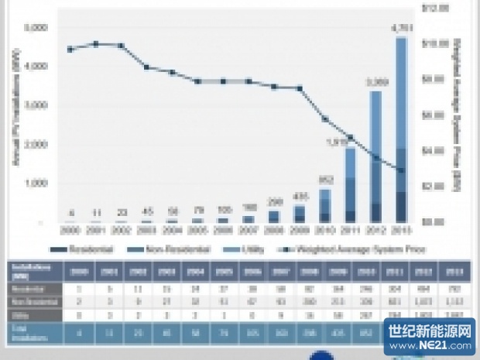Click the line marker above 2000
coord(70,49)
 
